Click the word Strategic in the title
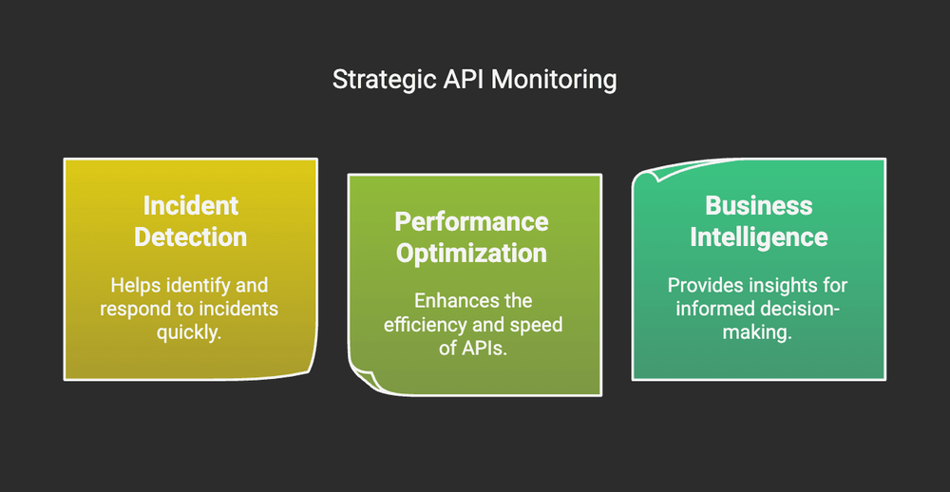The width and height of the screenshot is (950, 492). click(x=376, y=80)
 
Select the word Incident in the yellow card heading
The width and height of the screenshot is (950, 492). click(x=191, y=205)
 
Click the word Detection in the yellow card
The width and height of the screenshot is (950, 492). click(x=191, y=237)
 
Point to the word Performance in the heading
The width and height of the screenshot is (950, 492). click(x=472, y=221)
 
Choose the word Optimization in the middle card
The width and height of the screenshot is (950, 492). click(x=472, y=254)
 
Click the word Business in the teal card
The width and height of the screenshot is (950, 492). click(x=759, y=205)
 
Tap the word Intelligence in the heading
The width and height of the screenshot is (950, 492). click(x=759, y=237)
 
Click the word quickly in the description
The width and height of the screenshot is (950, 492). click(x=190, y=332)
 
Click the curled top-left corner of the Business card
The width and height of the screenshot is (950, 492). click(x=647, y=174)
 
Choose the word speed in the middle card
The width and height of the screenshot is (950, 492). click(x=541, y=325)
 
